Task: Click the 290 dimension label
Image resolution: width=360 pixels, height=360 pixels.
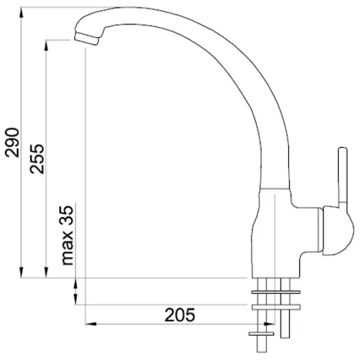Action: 12,143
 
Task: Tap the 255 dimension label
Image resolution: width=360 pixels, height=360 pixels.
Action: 37,159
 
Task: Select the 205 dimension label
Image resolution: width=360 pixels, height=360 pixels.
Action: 180,315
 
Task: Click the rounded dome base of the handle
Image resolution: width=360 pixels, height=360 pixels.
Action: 337,231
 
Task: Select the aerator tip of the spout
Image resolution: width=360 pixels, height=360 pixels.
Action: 86,38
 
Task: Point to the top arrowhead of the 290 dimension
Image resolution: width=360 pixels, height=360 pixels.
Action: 22,12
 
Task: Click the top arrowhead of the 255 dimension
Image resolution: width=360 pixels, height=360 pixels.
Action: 46,45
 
